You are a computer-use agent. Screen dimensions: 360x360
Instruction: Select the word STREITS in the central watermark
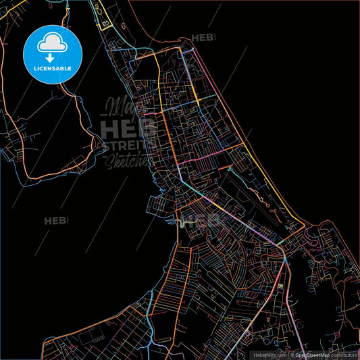tap(128, 145)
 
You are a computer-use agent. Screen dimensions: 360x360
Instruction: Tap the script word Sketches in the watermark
tap(128, 159)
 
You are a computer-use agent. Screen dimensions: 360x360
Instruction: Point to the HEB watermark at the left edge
tap(57, 221)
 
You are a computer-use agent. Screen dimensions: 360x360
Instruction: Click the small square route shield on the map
tap(279, 288)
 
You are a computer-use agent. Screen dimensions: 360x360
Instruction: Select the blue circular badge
tap(53, 54)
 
